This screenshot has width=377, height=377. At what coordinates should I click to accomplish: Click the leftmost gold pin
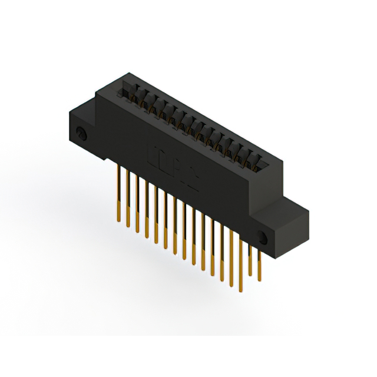[120, 194]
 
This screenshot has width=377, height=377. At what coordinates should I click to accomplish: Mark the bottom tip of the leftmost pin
[121, 223]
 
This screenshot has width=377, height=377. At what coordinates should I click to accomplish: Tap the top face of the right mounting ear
[292, 206]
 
